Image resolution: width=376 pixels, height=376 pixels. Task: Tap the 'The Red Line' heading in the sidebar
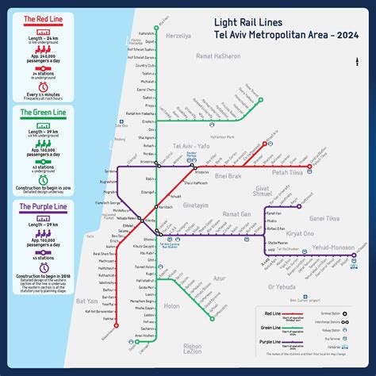(31, 17)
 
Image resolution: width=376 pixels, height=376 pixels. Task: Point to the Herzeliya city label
(178, 35)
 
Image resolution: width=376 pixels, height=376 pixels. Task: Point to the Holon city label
(172, 305)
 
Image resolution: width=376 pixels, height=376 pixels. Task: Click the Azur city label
(220, 278)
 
